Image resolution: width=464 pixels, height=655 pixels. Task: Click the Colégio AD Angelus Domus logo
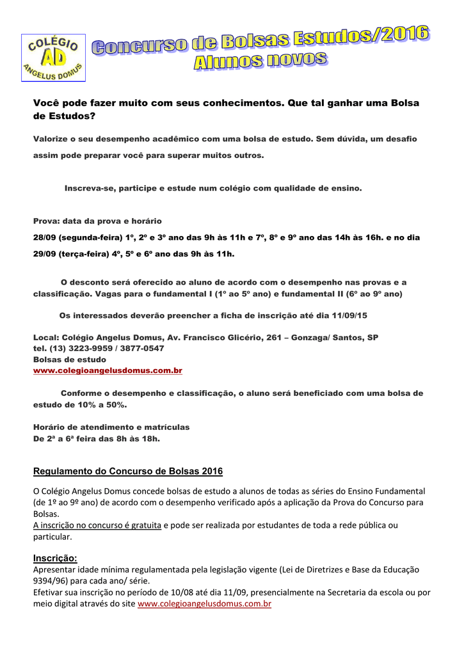point(53,58)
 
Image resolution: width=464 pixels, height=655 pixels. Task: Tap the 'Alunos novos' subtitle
point(260,61)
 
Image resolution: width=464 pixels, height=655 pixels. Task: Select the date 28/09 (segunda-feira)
point(70,237)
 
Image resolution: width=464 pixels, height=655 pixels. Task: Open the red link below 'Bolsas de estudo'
point(108,370)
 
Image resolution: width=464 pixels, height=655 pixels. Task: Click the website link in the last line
point(205,604)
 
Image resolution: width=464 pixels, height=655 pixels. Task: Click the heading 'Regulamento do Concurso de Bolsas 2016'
point(128,471)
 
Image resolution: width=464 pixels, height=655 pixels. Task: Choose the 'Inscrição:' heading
point(55,558)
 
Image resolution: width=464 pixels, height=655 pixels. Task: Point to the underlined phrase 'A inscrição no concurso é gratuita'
point(97,525)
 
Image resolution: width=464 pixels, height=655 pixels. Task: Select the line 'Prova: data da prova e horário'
point(97,221)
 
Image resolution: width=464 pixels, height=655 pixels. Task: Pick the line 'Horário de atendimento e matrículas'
point(111,427)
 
